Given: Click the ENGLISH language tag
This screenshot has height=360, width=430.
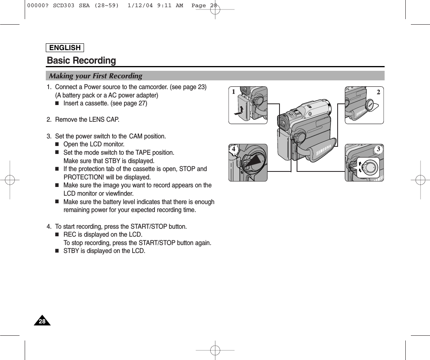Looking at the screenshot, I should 65,48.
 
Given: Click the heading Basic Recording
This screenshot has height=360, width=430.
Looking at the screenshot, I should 82,60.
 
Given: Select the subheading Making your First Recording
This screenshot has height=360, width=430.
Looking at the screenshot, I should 96,76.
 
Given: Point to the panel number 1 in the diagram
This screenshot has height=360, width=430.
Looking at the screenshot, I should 235,92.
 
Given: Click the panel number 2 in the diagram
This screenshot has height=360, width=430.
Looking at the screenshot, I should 378,92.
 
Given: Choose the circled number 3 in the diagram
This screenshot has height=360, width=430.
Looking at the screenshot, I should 379,149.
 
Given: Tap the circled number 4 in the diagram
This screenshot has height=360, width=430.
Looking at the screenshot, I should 234,149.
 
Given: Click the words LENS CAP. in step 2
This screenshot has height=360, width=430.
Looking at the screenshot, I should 106,120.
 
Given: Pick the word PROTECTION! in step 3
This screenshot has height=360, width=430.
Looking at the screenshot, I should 82,177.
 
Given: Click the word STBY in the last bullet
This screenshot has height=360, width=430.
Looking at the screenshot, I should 71,251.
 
